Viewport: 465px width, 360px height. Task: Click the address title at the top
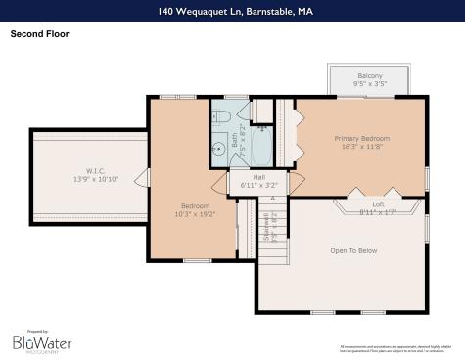232,12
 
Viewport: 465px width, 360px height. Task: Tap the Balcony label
369,76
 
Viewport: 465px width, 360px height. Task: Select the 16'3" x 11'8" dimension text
361,149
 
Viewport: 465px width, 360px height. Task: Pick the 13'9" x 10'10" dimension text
95,179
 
